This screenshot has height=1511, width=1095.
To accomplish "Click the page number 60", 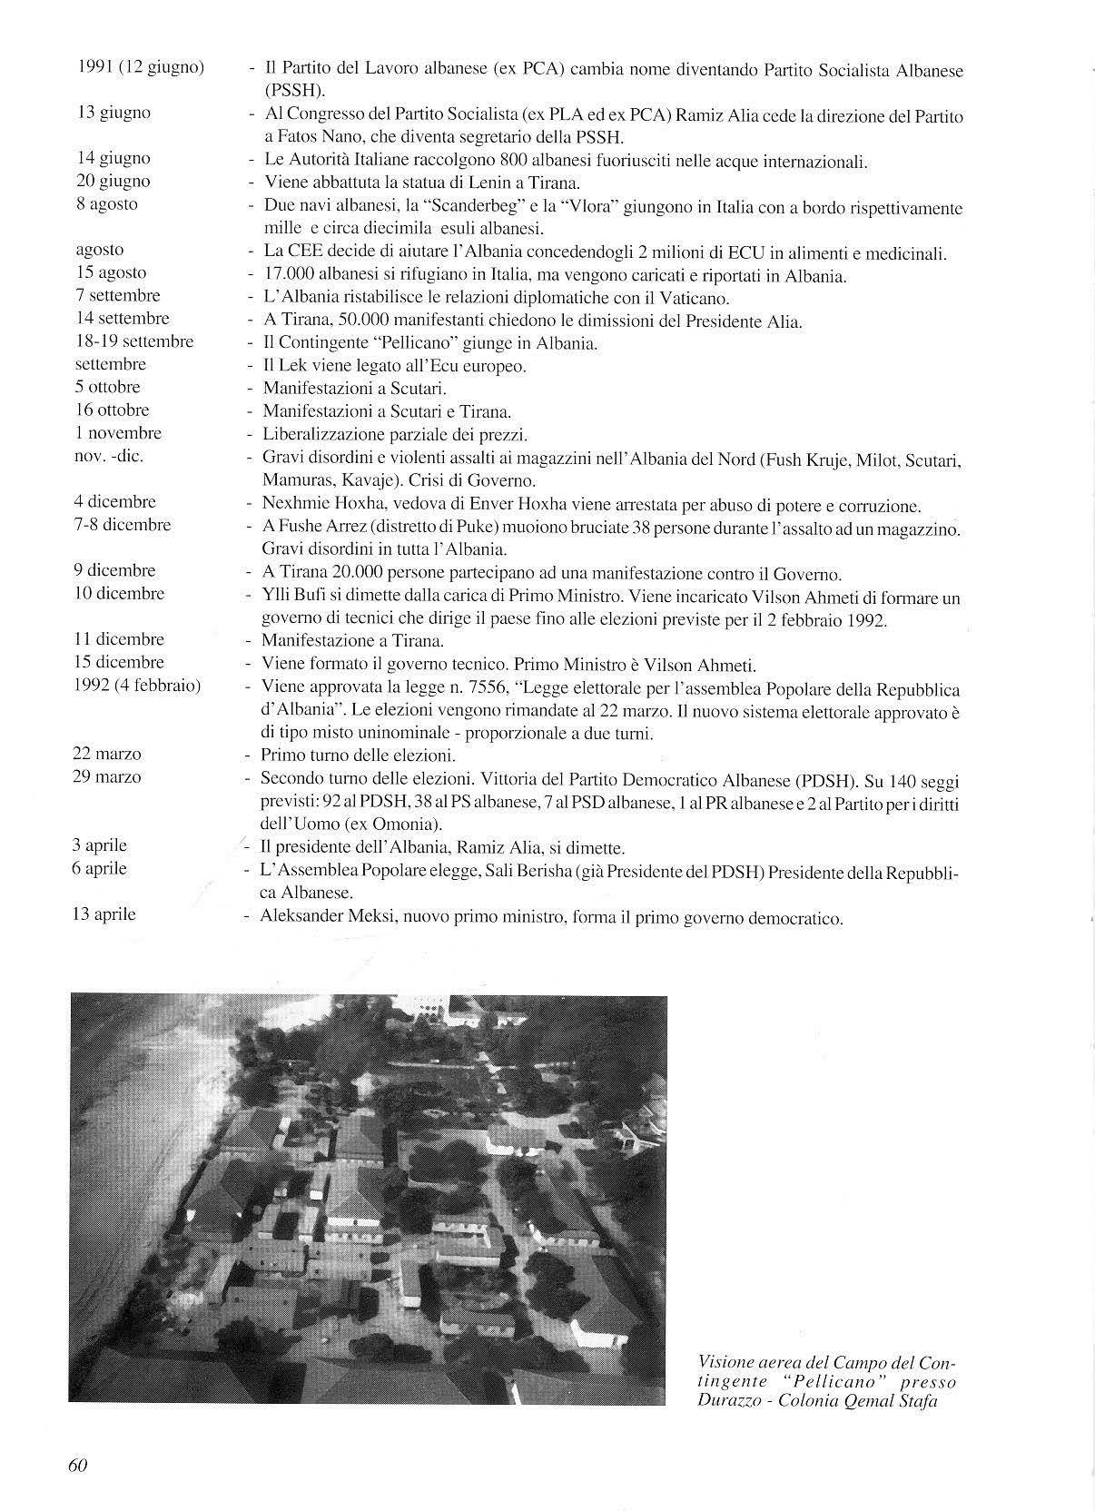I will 77,1465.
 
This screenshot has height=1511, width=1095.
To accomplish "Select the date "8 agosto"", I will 107,203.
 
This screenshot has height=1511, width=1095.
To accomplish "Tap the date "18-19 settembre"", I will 133,341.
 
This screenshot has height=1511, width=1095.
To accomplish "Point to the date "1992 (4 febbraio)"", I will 136,685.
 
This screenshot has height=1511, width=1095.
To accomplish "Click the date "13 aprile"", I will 104,914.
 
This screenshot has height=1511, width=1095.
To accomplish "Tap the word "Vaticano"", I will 699,298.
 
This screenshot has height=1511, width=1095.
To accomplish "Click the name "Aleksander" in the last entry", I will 299,917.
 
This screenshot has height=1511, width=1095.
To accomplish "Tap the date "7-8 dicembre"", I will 123,524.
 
